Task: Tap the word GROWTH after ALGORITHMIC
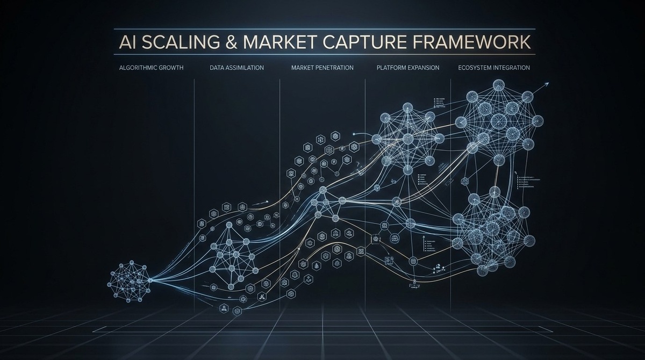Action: click(x=169, y=68)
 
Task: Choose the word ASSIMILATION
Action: click(x=246, y=68)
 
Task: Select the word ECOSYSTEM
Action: click(x=476, y=68)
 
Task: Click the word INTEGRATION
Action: click(x=512, y=68)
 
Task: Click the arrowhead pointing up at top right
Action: click(x=547, y=84)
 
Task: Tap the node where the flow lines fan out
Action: click(x=150, y=280)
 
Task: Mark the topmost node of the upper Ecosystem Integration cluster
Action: click(x=499, y=84)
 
